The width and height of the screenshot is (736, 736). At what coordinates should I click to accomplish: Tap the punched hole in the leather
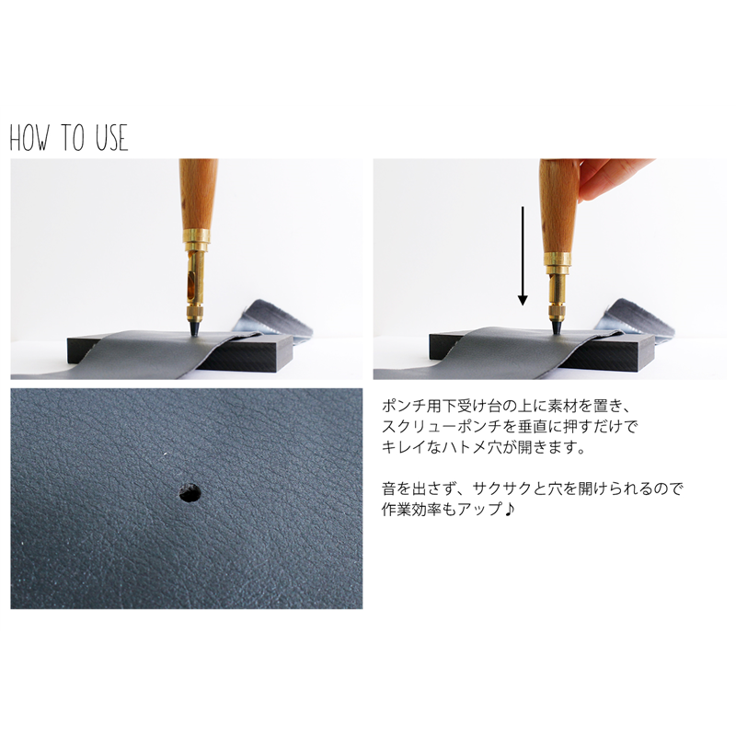point(190,493)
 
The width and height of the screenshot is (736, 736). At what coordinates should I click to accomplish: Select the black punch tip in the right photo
point(558,324)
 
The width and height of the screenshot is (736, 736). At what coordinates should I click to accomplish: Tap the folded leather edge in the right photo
point(635,317)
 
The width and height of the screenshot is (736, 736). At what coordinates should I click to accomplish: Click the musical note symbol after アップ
point(511,509)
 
